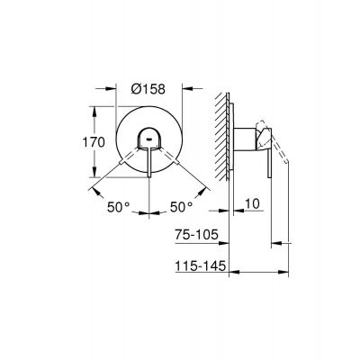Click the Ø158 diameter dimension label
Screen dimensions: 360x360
coord(150,88)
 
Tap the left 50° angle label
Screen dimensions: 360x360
coord(117,207)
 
